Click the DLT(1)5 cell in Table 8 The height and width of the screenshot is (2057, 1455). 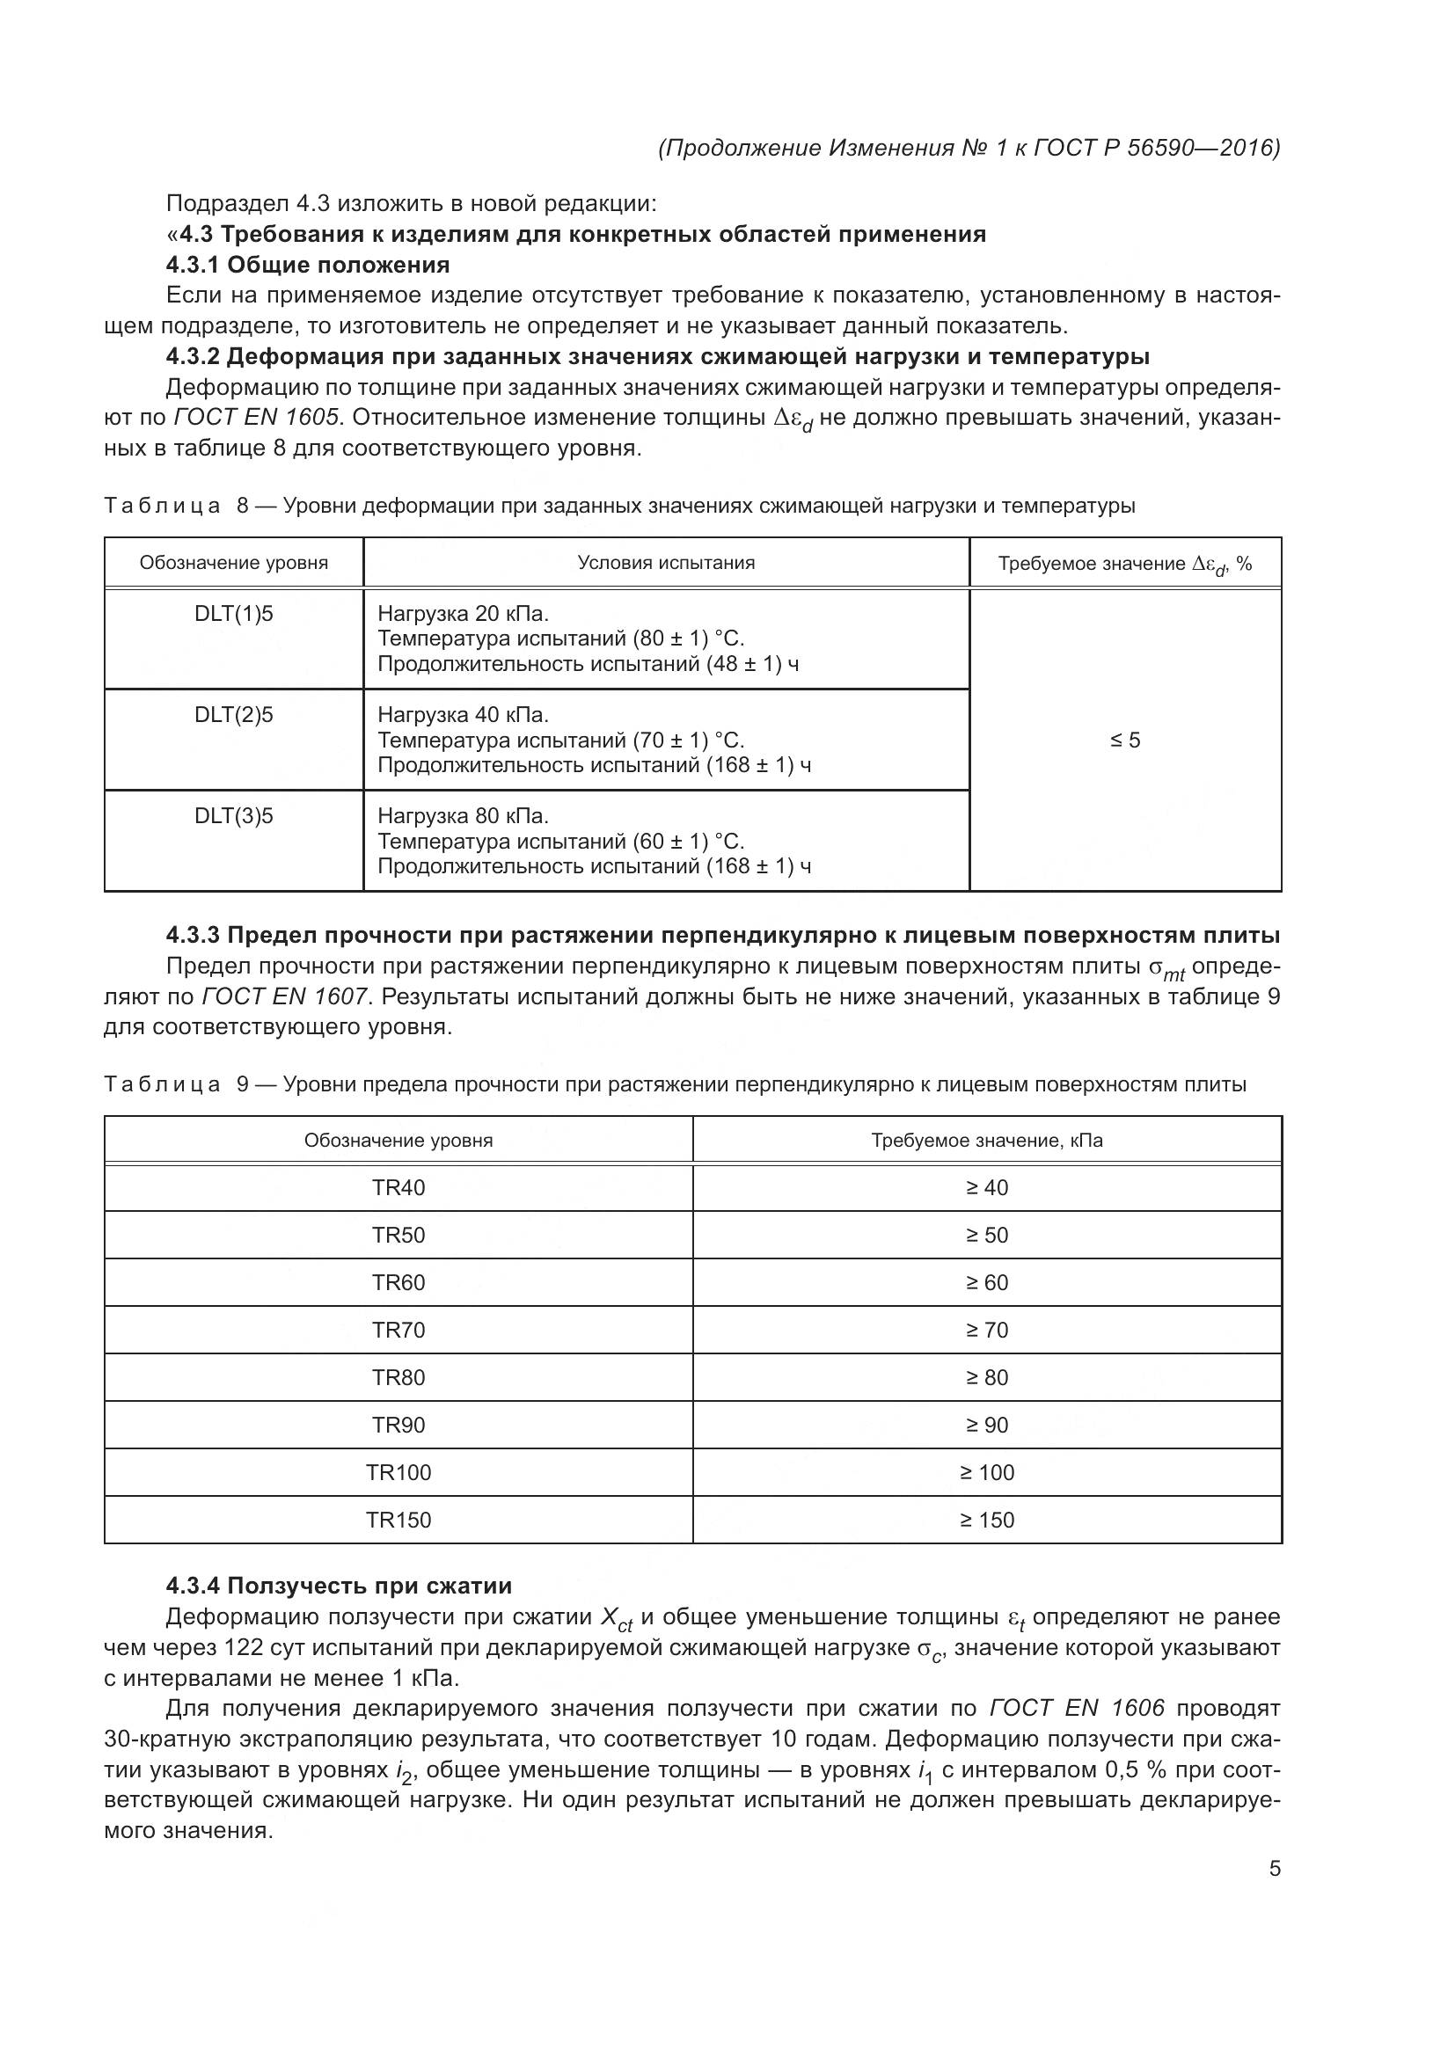tap(233, 615)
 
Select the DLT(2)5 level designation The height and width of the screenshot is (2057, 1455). tap(233, 715)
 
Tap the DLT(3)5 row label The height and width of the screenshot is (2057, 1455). tap(233, 816)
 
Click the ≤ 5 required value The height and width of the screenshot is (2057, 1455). tap(1125, 740)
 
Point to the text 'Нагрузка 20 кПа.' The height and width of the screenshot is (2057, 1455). tap(463, 615)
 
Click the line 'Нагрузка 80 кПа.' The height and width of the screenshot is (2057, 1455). tap(463, 816)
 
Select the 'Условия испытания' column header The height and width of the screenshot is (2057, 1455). tap(666, 563)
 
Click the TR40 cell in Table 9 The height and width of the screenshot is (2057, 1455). tap(398, 1188)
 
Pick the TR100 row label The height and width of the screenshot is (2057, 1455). tap(398, 1472)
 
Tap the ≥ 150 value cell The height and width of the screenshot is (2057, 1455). tap(986, 1520)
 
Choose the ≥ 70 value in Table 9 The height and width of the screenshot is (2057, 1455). tap(986, 1331)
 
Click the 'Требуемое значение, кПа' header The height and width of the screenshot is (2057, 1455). tap(986, 1141)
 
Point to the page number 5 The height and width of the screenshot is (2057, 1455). tap(1274, 1870)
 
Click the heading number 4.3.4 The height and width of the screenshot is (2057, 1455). tap(193, 1587)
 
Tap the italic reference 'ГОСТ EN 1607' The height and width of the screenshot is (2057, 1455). tap(285, 997)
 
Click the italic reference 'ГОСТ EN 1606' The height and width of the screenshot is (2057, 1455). tap(1077, 1709)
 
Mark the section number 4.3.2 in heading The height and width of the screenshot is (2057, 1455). tap(193, 357)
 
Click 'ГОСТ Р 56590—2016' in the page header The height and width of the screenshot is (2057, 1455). tap(1156, 148)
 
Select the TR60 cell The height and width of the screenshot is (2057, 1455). tap(398, 1283)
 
